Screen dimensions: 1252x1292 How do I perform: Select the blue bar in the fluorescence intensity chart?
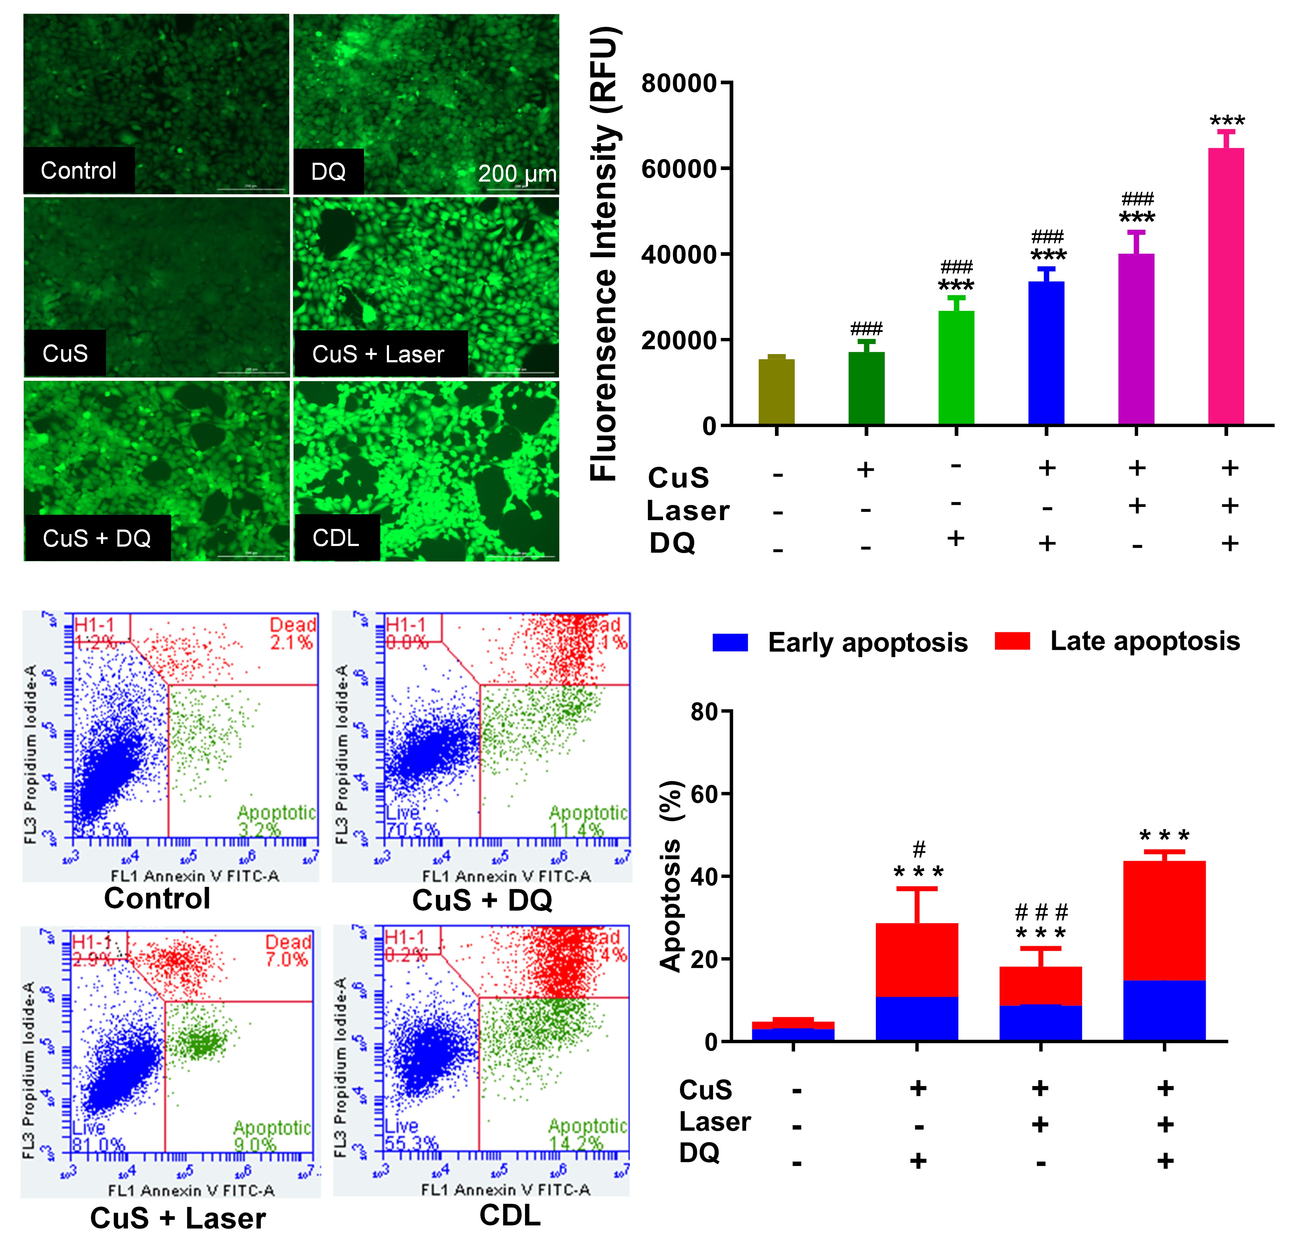1046,353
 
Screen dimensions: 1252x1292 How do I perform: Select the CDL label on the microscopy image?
336,538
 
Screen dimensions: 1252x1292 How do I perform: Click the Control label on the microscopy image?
78,171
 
